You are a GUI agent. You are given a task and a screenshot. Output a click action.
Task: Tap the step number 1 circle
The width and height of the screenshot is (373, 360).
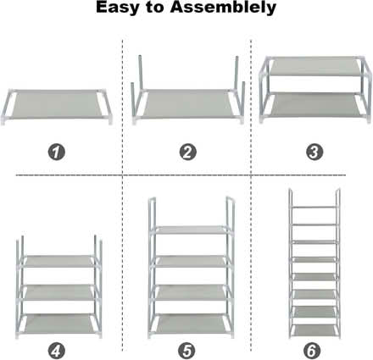[57, 152]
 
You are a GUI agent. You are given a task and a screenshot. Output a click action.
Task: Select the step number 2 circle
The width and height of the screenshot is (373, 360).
[187, 152]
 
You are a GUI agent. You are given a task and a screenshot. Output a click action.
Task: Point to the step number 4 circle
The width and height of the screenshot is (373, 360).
[57, 349]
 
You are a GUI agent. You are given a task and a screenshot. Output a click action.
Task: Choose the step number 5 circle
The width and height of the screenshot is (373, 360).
[187, 349]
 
